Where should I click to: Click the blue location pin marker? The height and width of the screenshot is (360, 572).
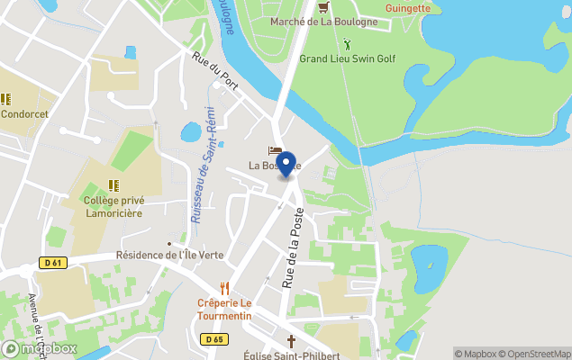(x=286, y=166)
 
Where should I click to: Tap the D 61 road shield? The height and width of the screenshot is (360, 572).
(x=52, y=262)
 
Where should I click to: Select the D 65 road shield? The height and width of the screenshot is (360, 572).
(x=213, y=339)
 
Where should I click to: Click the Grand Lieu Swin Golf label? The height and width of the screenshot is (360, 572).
(x=347, y=59)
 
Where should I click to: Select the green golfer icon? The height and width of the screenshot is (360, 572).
(x=347, y=43)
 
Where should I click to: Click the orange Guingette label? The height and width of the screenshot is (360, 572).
(x=407, y=8)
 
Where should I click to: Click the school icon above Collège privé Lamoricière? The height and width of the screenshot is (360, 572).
(x=113, y=184)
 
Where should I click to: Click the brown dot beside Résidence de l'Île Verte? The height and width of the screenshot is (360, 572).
(x=168, y=243)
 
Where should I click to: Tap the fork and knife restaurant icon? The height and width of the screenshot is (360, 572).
(x=225, y=288)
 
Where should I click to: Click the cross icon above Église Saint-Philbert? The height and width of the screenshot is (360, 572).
(x=291, y=341)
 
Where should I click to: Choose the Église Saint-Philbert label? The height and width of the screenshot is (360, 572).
(x=291, y=355)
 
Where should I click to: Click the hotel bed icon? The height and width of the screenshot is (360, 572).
(x=275, y=150)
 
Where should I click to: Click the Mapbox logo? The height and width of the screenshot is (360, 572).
(x=40, y=348)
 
